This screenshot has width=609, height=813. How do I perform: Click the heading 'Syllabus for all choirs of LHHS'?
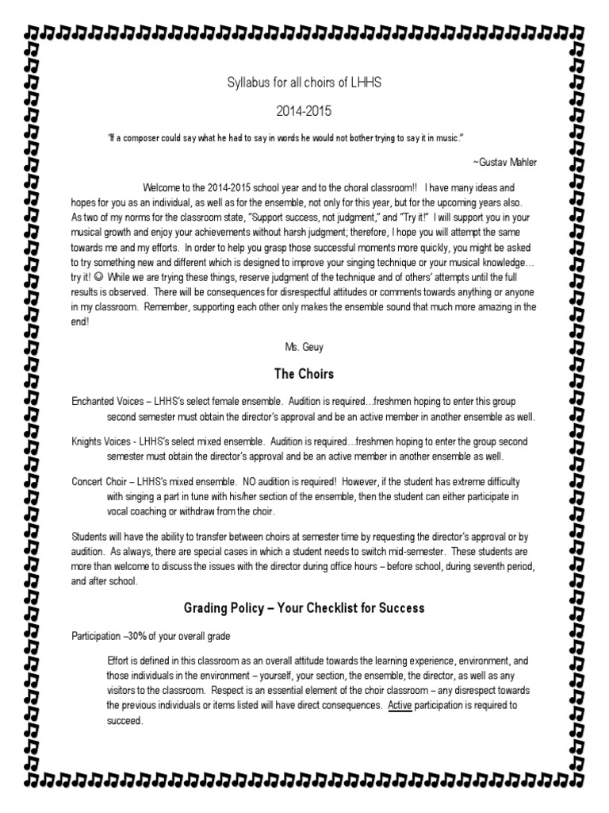[304, 83]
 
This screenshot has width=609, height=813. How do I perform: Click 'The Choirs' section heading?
[304, 374]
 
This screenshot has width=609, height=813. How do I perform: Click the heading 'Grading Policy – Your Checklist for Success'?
[304, 608]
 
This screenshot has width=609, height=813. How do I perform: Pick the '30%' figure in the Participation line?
[136, 637]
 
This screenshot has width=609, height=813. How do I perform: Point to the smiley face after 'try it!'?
[97, 278]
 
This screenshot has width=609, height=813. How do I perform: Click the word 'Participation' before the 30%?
[94, 637]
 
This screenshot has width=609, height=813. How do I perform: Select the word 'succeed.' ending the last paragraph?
[124, 720]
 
